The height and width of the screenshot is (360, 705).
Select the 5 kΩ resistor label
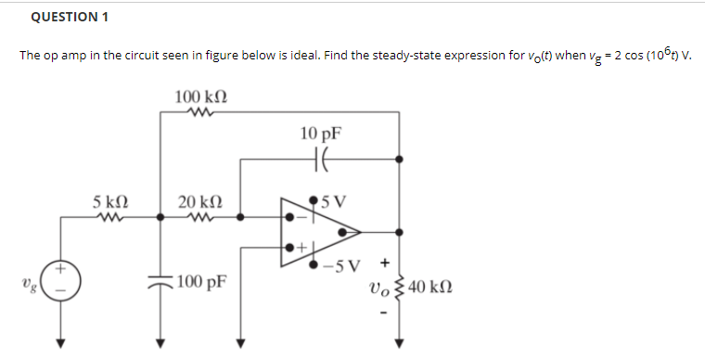point(110,200)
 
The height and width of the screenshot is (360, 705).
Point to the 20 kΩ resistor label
point(200,200)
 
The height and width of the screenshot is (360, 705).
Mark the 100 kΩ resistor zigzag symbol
point(199,114)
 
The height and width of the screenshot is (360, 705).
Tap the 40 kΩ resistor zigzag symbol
point(401,286)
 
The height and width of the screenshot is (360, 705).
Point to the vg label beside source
point(32,280)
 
